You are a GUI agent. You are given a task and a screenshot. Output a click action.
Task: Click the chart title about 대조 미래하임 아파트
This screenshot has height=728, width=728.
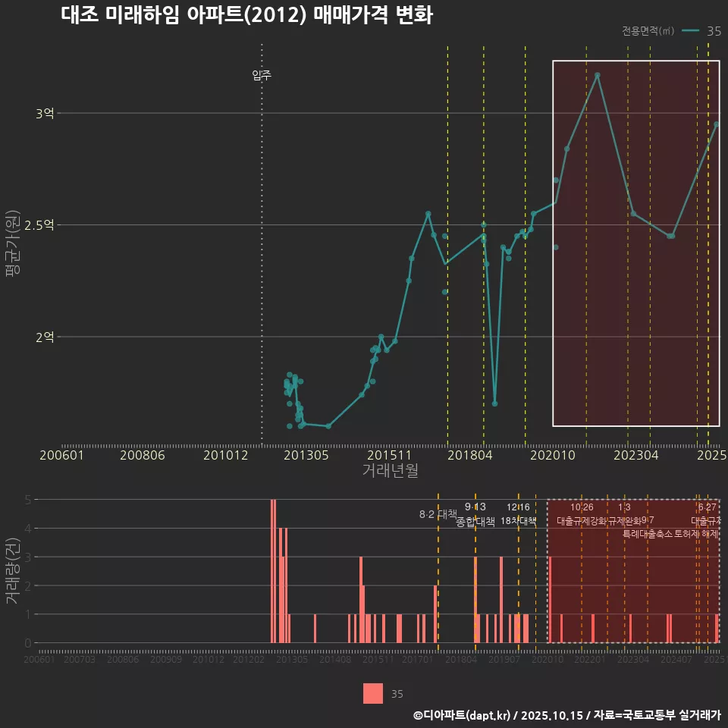(x=246, y=15)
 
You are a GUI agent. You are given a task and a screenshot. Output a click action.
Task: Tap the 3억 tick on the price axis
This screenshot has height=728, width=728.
(x=44, y=113)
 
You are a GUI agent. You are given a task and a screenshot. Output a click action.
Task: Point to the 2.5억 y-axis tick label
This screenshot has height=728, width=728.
(x=39, y=225)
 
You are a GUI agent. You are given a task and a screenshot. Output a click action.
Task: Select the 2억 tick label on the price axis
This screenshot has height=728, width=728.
(x=44, y=337)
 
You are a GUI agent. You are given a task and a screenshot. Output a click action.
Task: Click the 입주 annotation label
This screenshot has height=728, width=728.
(x=262, y=75)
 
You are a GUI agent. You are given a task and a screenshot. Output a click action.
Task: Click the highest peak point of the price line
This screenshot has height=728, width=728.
(x=598, y=75)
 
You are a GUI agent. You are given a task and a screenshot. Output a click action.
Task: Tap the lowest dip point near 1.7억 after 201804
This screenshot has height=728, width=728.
(x=495, y=403)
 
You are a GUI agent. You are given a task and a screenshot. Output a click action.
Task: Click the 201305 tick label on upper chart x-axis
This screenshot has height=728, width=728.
(x=306, y=455)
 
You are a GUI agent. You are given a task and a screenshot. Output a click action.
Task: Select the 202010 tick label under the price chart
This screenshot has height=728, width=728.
(x=553, y=455)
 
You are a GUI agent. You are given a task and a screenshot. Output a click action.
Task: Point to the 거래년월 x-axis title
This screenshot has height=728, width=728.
(x=390, y=470)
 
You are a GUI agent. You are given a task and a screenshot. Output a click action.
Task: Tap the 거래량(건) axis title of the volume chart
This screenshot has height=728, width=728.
(x=13, y=571)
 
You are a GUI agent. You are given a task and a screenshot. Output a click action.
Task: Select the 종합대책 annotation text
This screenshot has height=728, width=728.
(x=475, y=522)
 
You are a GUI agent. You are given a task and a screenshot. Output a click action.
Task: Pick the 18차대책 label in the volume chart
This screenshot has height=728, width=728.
(x=519, y=521)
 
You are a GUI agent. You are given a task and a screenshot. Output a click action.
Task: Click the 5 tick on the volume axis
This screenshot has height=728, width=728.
(x=27, y=500)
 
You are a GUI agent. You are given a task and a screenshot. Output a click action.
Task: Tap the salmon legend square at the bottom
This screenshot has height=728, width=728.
(x=373, y=693)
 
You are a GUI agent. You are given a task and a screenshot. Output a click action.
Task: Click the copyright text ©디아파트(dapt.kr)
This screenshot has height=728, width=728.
(x=463, y=715)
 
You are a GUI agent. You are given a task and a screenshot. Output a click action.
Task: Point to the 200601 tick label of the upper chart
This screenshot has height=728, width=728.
(x=61, y=455)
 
